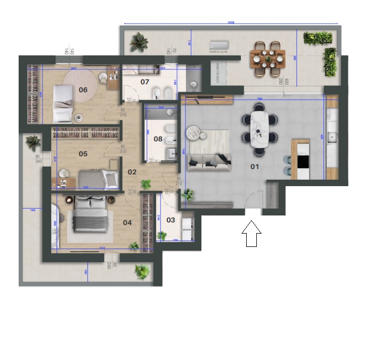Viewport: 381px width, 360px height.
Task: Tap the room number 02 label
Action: click(132, 172)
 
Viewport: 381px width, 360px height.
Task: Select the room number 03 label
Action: click(171, 219)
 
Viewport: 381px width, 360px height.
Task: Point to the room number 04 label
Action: click(127, 222)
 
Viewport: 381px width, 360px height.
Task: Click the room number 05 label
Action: click(83, 154)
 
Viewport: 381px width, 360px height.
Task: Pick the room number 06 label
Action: click(83, 90)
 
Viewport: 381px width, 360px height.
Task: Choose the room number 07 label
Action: click(145, 82)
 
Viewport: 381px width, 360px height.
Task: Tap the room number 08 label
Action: click(158, 139)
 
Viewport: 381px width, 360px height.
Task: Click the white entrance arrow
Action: click(252, 234)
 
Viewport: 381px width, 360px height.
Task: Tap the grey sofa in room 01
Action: click(209, 159)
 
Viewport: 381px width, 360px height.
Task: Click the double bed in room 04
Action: click(91, 213)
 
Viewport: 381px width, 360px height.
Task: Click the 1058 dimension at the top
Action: click(231, 22)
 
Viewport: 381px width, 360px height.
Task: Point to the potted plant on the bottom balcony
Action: click(142, 271)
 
